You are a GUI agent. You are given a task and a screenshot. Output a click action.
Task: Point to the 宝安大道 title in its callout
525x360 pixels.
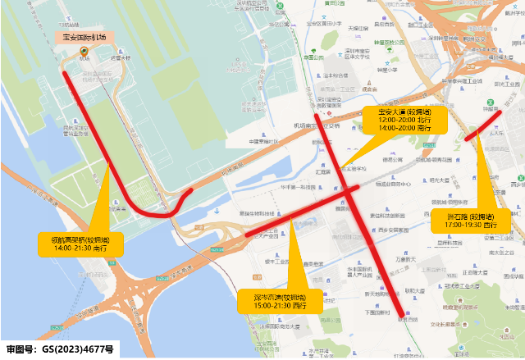point(404,111)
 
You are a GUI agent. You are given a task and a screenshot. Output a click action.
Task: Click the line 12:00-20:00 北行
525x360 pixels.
point(404,120)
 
